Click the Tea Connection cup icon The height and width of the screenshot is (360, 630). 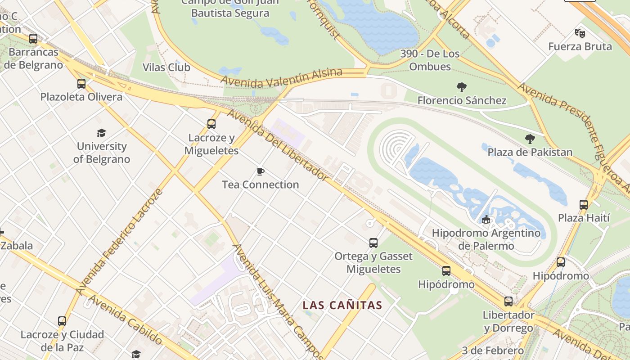click(260, 171)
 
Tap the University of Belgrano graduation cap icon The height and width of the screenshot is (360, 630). click(102, 133)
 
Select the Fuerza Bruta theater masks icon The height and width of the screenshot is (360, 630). click(580, 33)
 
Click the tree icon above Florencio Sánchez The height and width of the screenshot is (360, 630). click(461, 87)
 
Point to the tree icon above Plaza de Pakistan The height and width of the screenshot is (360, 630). click(530, 139)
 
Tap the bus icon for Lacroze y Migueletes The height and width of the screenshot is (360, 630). click(211, 124)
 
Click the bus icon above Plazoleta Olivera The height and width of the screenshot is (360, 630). click(81, 84)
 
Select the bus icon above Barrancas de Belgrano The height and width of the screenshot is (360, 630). click(33, 39)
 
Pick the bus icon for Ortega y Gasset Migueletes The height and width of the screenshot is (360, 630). click(373, 243)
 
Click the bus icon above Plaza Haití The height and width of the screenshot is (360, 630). click(584, 205)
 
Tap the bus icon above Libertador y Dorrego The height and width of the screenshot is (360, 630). click(508, 301)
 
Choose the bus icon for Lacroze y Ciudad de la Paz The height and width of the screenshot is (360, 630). click(62, 321)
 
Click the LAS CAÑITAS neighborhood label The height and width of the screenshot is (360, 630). click(342, 306)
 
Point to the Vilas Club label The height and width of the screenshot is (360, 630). click(166, 67)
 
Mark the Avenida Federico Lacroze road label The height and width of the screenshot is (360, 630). click(119, 242)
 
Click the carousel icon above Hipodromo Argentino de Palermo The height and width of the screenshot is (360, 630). click(486, 220)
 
